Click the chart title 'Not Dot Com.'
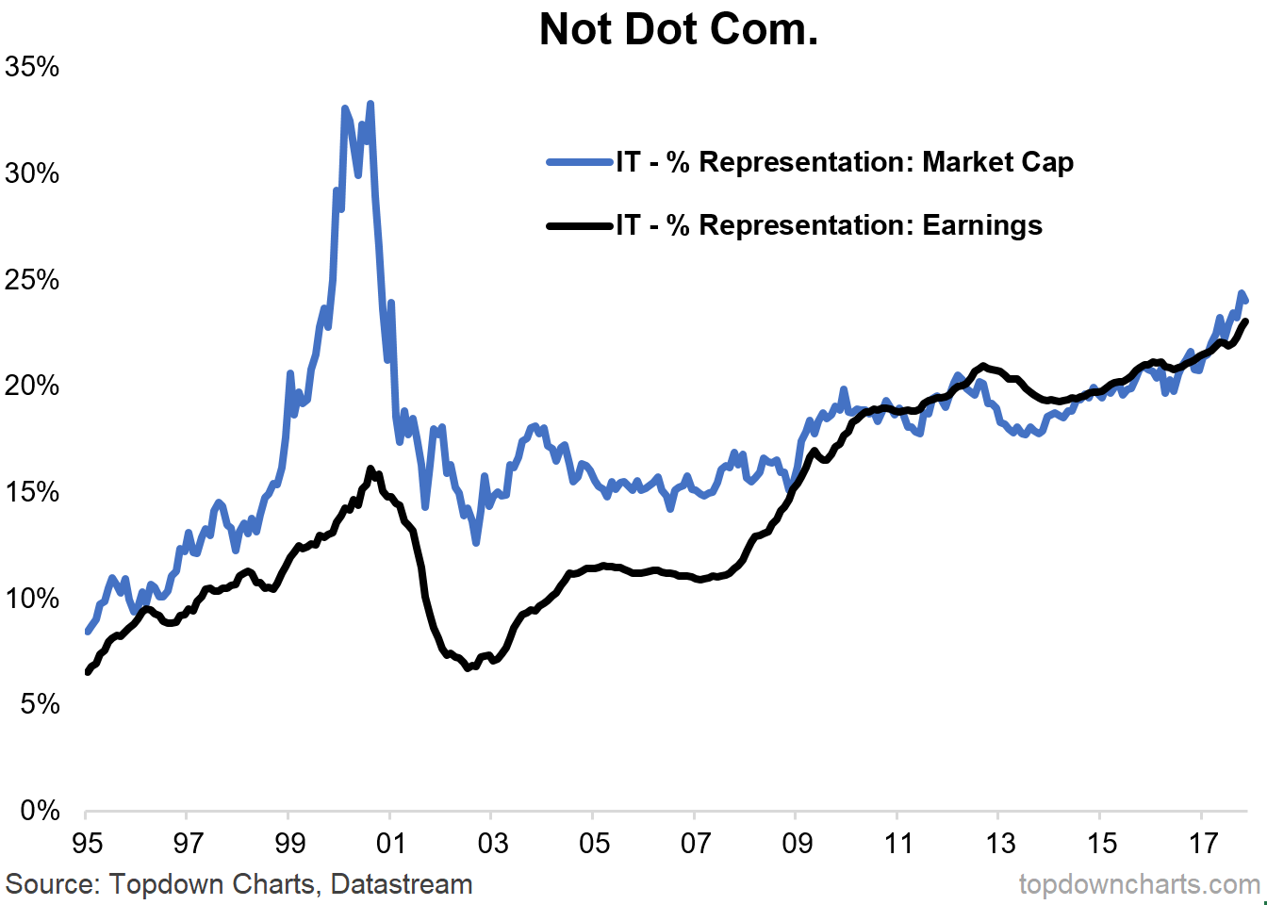[678, 29]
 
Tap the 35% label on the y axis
[32, 67]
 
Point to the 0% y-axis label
[40, 811]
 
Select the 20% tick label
[32, 386]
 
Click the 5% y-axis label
[40, 704]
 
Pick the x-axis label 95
[87, 844]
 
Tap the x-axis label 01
[390, 844]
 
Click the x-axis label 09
[797, 844]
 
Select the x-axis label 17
[1203, 844]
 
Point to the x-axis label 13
[999, 844]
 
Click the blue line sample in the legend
[579, 162]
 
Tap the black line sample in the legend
[579, 226]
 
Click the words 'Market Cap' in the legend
[997, 162]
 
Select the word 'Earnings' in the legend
[982, 225]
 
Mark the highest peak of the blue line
[370, 104]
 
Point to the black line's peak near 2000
[371, 469]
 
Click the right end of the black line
[1245, 321]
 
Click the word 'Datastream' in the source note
[401, 884]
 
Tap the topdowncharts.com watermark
[1139, 884]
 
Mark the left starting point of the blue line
[87, 632]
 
